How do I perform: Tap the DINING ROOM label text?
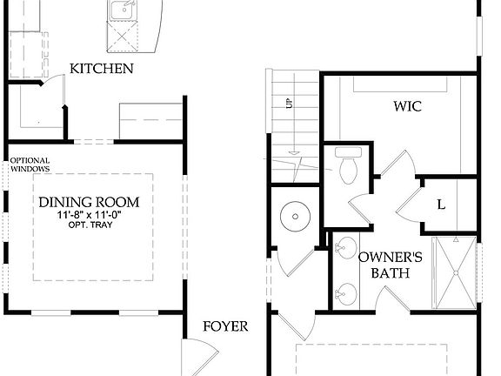(90, 202)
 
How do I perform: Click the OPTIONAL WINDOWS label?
(30, 164)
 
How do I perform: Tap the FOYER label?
(225, 326)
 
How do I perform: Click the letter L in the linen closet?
(441, 205)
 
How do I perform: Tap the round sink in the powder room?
(296, 214)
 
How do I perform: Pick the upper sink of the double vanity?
(347, 246)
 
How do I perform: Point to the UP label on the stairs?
(288, 104)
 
